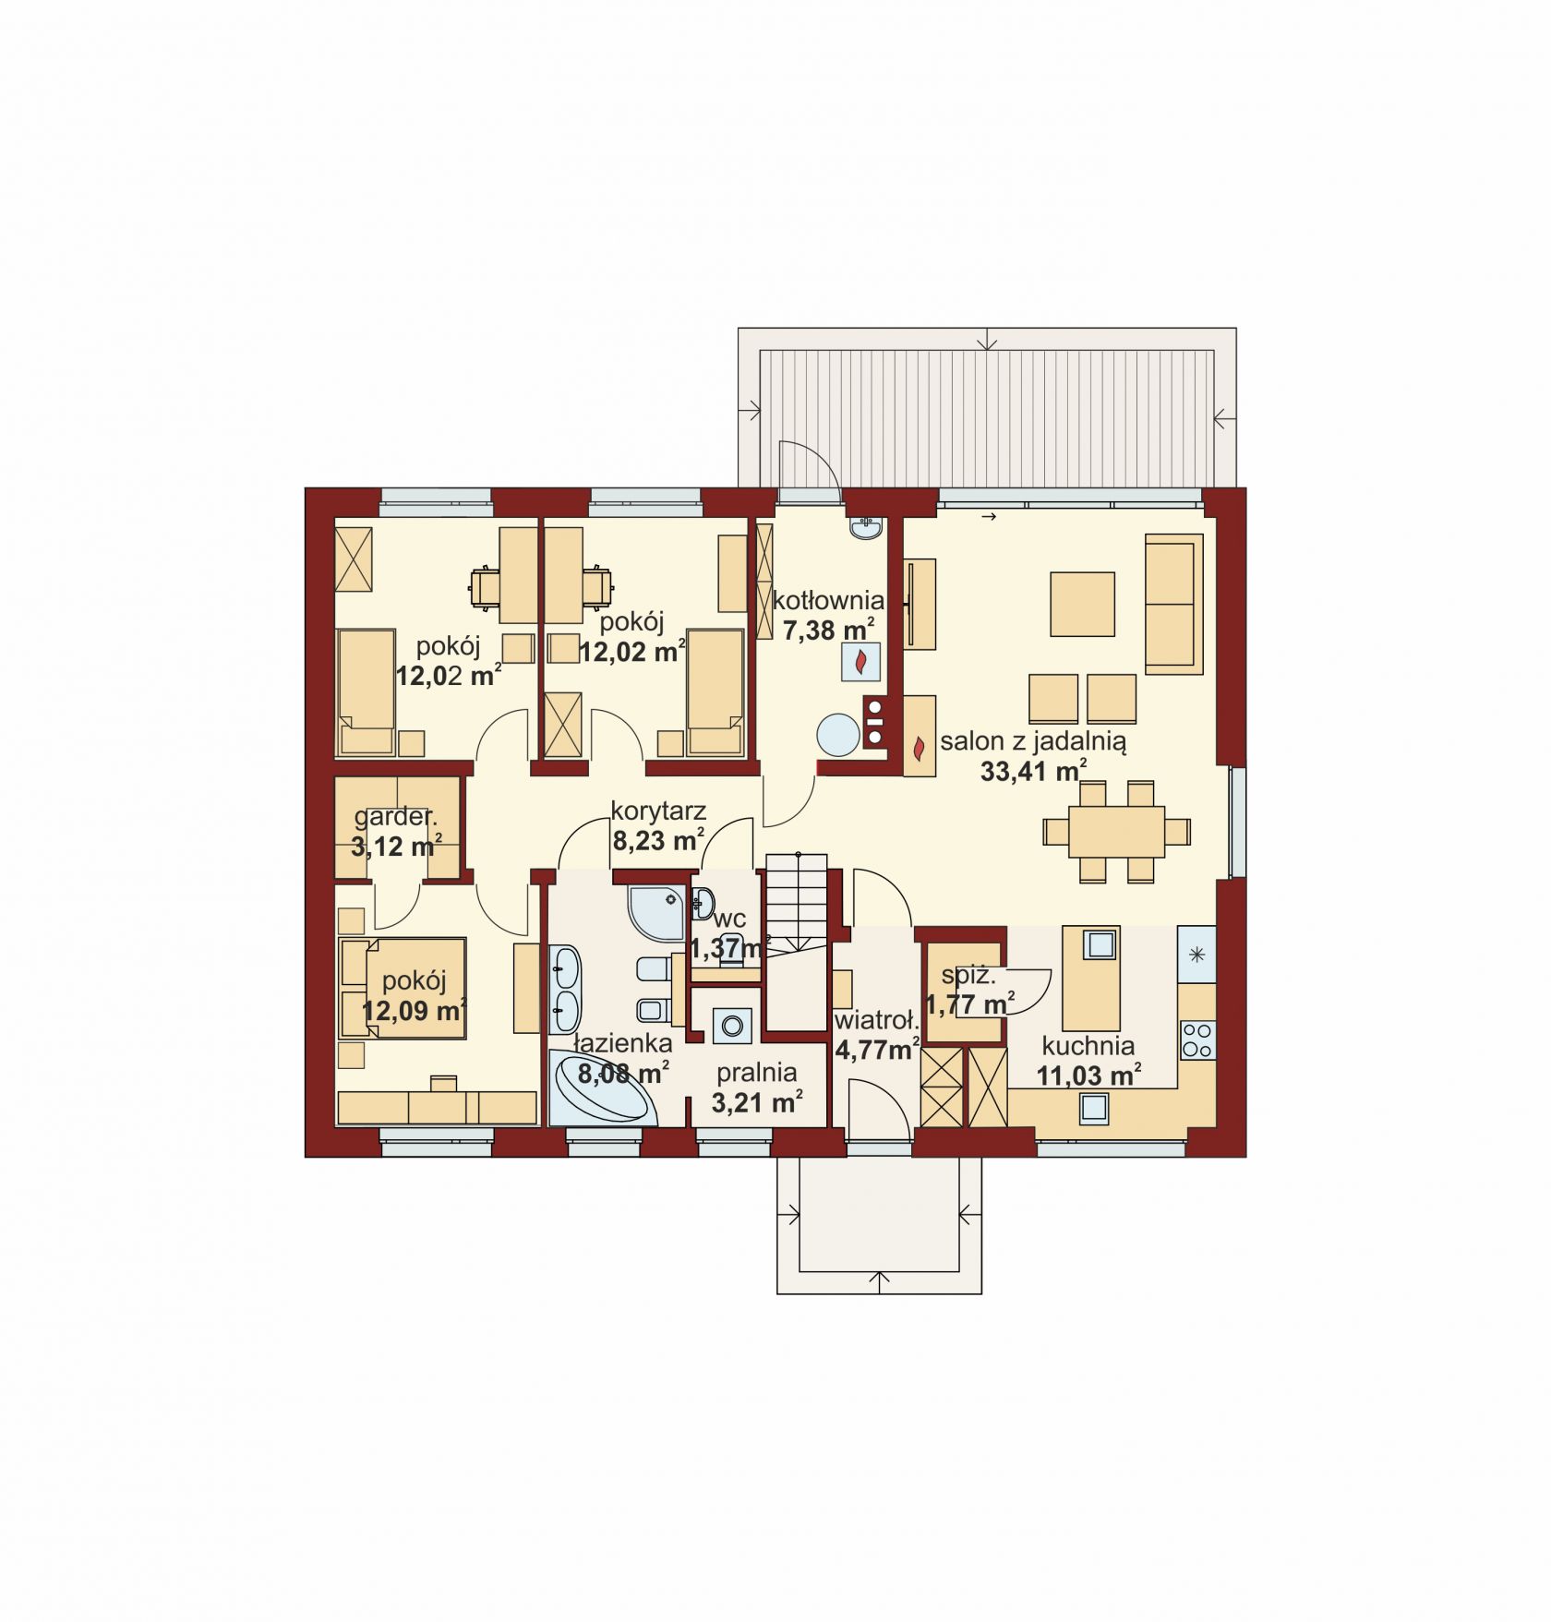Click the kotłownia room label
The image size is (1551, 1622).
click(828, 601)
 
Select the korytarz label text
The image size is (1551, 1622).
click(658, 811)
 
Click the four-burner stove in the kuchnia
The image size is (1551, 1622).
click(1196, 1039)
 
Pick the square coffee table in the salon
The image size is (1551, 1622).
click(1082, 604)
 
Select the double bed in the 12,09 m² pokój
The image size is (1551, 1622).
click(403, 989)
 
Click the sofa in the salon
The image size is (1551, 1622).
click(1173, 604)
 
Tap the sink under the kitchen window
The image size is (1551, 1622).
click(1094, 1108)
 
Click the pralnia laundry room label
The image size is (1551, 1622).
click(757, 1072)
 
